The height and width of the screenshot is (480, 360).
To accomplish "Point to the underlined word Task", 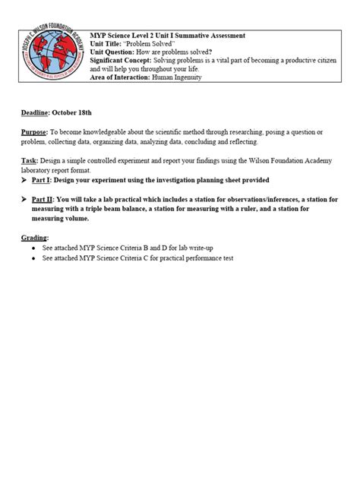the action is pos(29,162).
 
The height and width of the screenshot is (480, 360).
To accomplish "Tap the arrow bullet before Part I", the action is pos(25,180).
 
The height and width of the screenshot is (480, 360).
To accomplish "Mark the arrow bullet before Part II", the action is pos(25,199).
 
